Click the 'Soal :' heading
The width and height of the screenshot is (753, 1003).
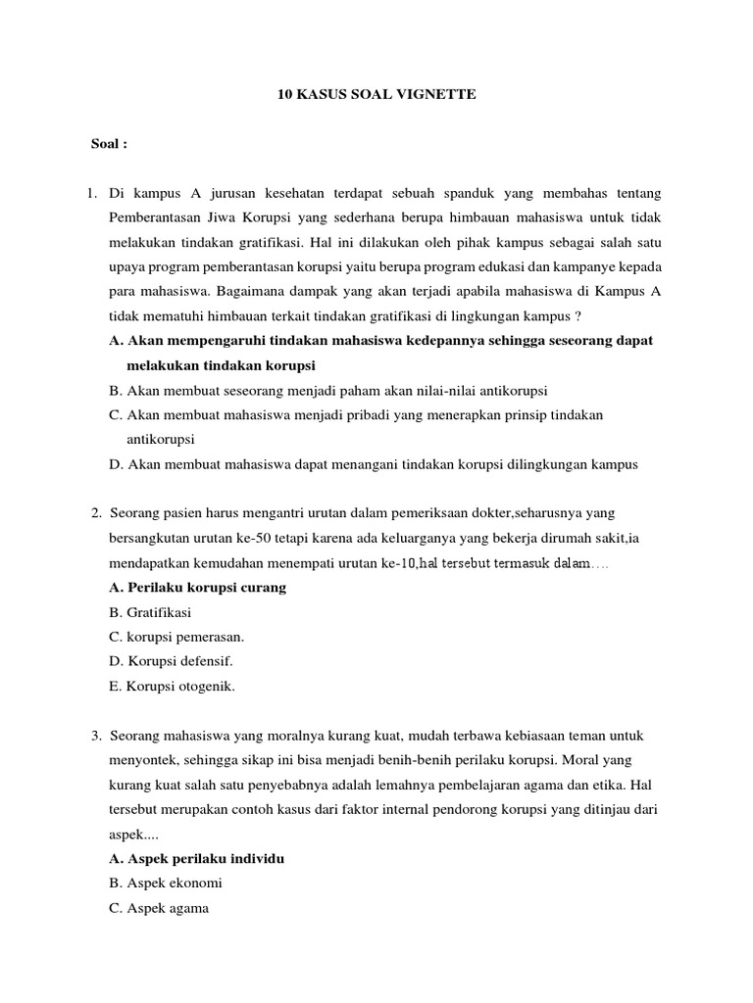point(109,144)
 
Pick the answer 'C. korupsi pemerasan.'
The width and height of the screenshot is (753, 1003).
point(176,637)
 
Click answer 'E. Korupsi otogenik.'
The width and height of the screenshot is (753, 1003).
point(174,687)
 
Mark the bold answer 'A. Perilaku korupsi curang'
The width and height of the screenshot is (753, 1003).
point(198,588)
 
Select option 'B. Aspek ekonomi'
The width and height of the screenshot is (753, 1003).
point(166,883)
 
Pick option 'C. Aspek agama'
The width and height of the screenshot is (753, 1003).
point(160,908)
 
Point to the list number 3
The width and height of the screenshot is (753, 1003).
point(96,735)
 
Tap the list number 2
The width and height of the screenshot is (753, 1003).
point(96,513)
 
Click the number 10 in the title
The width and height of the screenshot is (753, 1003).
point(278,94)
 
